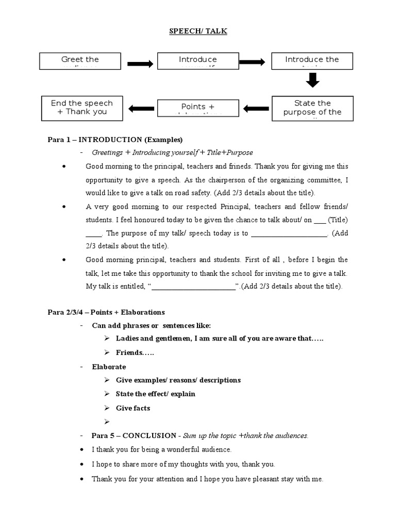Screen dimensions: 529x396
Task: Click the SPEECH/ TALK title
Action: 198,32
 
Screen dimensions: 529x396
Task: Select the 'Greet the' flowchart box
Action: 80,61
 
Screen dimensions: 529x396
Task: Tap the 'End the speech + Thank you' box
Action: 81,107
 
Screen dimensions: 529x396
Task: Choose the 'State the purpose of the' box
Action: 312,108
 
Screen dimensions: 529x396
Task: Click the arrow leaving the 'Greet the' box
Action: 139,64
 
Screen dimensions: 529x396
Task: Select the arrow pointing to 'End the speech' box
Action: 140,108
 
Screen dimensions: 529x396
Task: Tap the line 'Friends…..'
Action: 135,352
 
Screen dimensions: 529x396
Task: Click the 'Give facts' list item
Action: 133,408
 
